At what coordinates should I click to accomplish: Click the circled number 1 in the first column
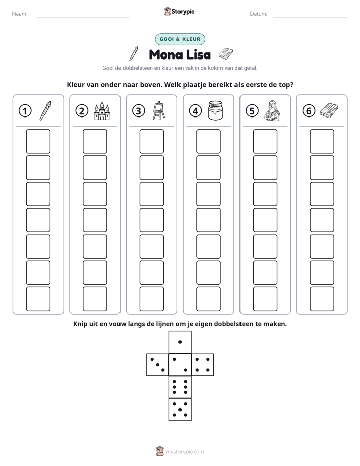(x=25, y=111)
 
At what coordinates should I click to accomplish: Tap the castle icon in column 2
(x=102, y=111)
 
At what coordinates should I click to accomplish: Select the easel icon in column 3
(x=159, y=110)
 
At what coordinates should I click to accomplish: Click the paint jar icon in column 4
(x=215, y=110)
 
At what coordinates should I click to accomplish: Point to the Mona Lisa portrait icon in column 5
(x=272, y=110)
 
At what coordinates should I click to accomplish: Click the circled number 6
(x=309, y=111)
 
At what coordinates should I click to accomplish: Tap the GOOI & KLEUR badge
(x=180, y=39)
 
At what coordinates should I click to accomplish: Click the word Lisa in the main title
(x=199, y=54)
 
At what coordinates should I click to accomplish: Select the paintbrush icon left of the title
(x=134, y=54)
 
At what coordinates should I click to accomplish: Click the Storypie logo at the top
(x=179, y=12)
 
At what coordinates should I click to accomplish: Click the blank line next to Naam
(x=83, y=17)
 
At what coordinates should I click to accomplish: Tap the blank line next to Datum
(x=311, y=17)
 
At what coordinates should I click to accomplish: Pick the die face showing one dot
(x=180, y=342)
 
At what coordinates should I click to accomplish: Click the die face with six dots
(x=180, y=387)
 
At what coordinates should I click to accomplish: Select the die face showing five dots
(x=180, y=410)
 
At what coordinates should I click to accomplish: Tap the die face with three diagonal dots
(x=158, y=364)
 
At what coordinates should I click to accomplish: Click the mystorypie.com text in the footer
(x=185, y=452)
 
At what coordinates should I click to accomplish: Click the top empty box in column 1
(x=38, y=141)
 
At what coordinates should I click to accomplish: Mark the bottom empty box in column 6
(x=322, y=299)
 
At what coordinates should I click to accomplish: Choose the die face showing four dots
(x=203, y=364)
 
